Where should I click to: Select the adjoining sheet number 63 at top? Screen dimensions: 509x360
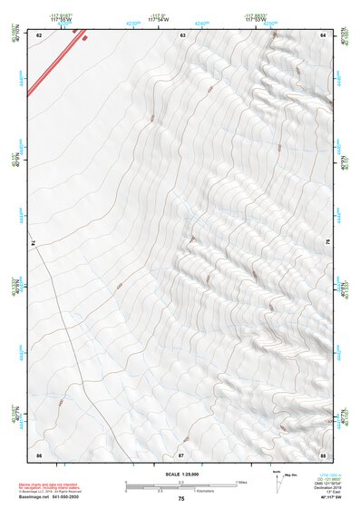[183, 35]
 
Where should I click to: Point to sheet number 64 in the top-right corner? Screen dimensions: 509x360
[323, 35]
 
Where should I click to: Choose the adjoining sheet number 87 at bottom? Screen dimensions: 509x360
[181, 453]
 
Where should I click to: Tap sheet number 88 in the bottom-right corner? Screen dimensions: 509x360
[323, 453]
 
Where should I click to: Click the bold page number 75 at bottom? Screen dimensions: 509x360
[181, 499]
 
